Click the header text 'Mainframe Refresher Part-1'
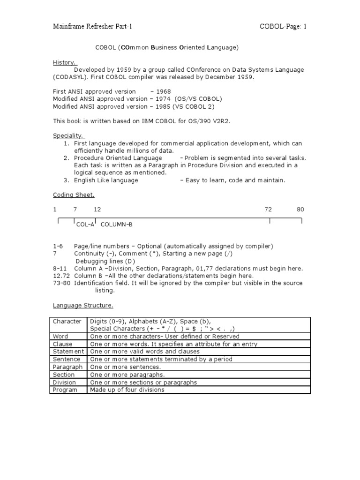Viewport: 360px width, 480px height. pos(92,27)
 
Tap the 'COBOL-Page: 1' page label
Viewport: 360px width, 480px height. pos(283,27)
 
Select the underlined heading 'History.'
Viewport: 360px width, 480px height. pos(65,62)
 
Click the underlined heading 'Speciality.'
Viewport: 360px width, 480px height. pos(67,136)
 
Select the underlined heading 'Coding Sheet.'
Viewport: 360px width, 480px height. pos(73,195)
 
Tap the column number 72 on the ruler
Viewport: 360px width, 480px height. pos(268,210)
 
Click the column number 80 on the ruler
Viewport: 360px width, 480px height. pos(300,210)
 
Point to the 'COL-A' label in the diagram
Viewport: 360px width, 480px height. pos(85,225)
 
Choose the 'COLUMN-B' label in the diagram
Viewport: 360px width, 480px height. pos(117,225)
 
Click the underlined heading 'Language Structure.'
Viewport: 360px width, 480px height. pos(82,306)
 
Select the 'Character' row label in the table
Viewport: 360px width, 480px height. pos(67,322)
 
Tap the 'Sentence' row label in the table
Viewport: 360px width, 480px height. pos(66,359)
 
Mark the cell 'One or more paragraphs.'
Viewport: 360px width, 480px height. pos(127,375)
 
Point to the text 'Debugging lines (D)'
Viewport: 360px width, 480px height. pos(105,261)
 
